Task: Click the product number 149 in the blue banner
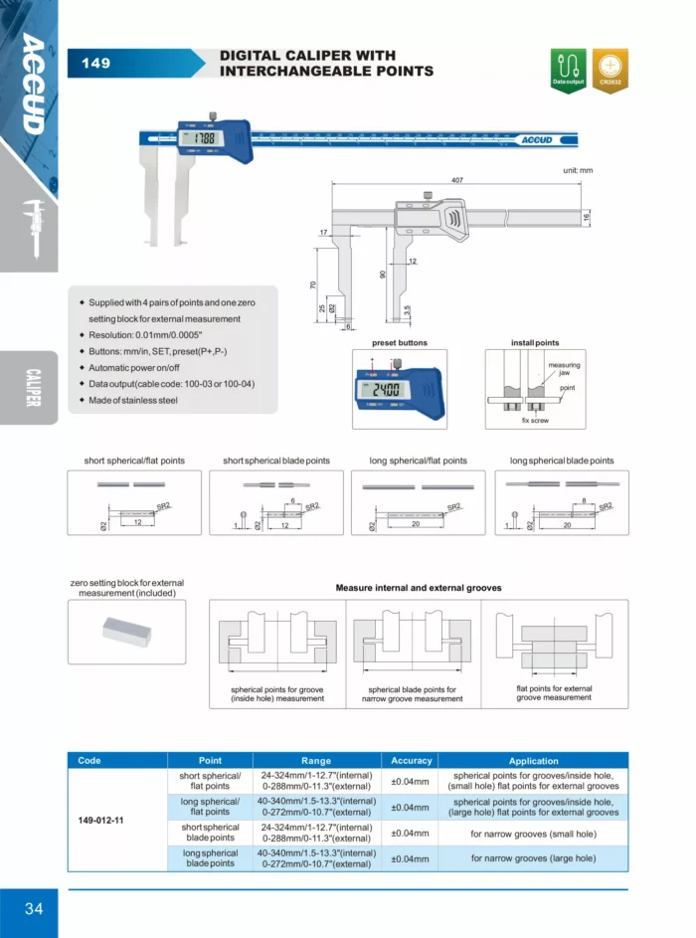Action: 96,64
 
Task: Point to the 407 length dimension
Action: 457,180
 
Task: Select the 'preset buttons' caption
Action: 400,342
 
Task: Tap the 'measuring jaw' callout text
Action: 564,369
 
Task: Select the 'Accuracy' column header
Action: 411,760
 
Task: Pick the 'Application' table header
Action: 534,760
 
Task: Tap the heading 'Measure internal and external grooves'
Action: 419,588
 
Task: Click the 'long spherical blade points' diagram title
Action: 562,461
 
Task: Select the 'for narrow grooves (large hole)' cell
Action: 534,857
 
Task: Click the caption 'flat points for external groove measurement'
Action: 554,692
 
